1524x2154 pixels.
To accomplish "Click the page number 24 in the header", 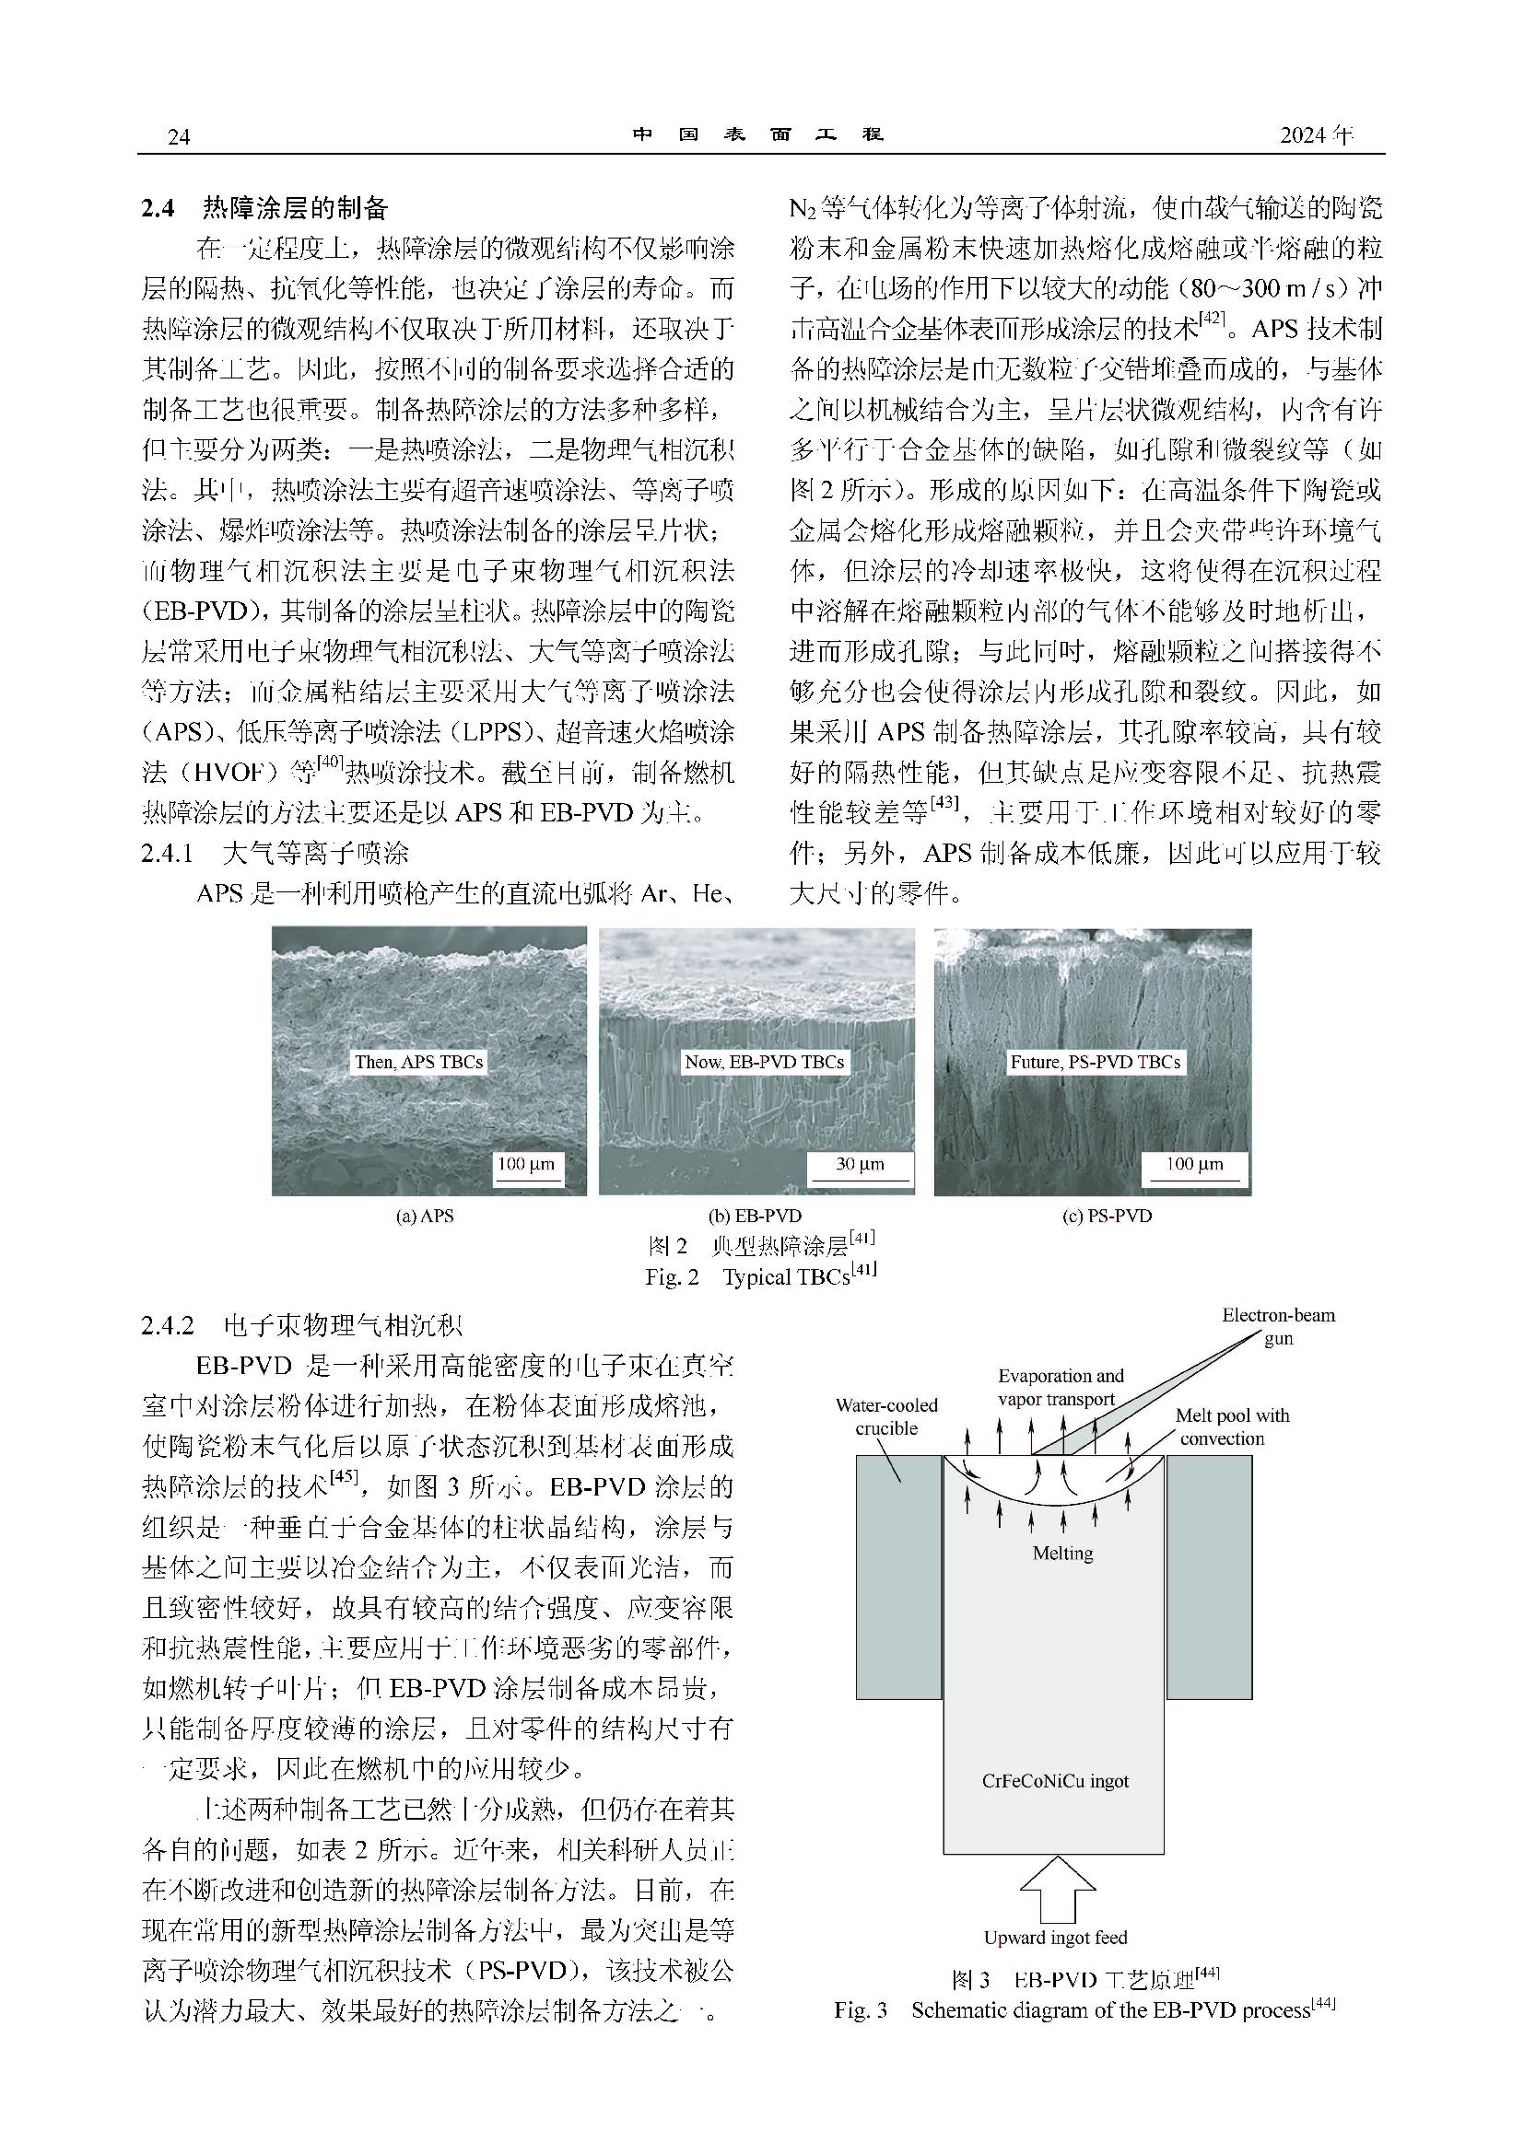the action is tap(179, 137).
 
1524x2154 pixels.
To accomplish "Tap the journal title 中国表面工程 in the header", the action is tap(758, 135).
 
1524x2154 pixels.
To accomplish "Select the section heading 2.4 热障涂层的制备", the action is tap(265, 207).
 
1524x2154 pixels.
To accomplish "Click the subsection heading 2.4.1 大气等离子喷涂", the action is tap(275, 853).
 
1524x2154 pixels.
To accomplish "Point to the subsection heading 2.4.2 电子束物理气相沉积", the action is tap(302, 1325).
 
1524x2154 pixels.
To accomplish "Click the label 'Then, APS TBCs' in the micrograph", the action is tap(418, 1062).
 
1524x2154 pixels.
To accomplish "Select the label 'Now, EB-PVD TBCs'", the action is tap(764, 1062).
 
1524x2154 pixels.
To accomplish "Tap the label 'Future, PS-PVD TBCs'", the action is tap(1096, 1062).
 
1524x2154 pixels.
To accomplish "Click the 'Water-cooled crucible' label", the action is tap(886, 1416).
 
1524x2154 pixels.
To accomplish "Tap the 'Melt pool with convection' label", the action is tap(1232, 1426).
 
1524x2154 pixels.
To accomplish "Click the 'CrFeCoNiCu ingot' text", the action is tap(1056, 1781).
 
